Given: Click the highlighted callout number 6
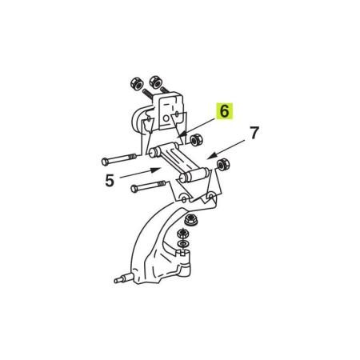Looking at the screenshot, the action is click(x=224, y=111).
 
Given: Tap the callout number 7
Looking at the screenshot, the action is click(x=254, y=133).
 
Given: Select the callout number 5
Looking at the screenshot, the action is click(x=110, y=181).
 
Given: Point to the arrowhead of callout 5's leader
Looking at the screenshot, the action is click(x=156, y=170).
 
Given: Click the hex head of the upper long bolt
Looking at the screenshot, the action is click(x=105, y=162).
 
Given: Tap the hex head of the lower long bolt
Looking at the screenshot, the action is click(x=134, y=189).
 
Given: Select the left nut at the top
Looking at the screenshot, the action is click(x=137, y=84).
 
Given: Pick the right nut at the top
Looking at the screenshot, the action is click(x=155, y=82).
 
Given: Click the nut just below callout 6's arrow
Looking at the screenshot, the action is click(x=196, y=139).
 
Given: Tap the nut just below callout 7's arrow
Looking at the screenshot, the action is click(x=223, y=165).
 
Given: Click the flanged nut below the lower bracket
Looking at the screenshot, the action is click(x=190, y=220).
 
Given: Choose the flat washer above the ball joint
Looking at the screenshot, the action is click(x=183, y=243).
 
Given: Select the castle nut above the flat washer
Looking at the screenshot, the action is click(x=183, y=234).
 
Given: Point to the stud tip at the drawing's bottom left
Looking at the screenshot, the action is click(x=116, y=281).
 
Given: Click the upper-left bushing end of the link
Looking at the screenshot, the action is click(x=152, y=154).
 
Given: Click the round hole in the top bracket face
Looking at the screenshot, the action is click(x=166, y=118).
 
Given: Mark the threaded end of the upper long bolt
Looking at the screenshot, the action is click(x=133, y=157).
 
